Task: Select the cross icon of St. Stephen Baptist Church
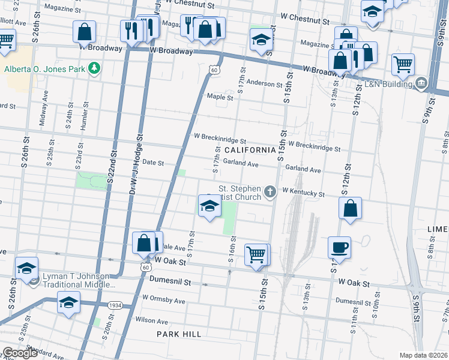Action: [x=270, y=192]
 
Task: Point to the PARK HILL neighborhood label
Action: [x=177, y=333]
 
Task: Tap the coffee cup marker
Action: [x=340, y=247]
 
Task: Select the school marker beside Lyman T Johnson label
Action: [x=26, y=268]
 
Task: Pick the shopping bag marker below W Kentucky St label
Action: [x=350, y=208]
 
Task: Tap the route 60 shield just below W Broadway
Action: [x=214, y=71]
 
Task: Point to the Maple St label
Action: [x=220, y=97]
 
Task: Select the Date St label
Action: [x=152, y=163]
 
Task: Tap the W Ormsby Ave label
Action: [x=163, y=298]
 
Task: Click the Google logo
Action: [x=20, y=353]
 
